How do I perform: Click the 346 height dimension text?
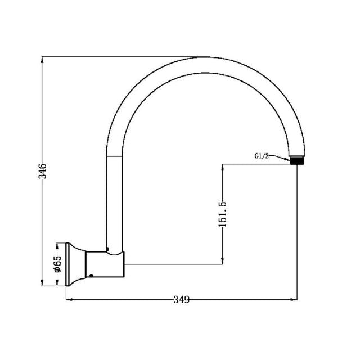(x=42, y=170)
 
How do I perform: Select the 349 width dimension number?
(x=181, y=299)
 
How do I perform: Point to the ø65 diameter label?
(x=57, y=264)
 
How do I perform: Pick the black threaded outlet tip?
(x=296, y=160)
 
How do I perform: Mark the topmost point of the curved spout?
(x=208, y=57)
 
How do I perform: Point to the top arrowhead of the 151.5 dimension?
(x=223, y=167)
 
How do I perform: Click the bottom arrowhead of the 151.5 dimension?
(x=223, y=260)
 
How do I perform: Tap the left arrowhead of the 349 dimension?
(x=70, y=300)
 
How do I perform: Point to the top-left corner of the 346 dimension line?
(x=42, y=57)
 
